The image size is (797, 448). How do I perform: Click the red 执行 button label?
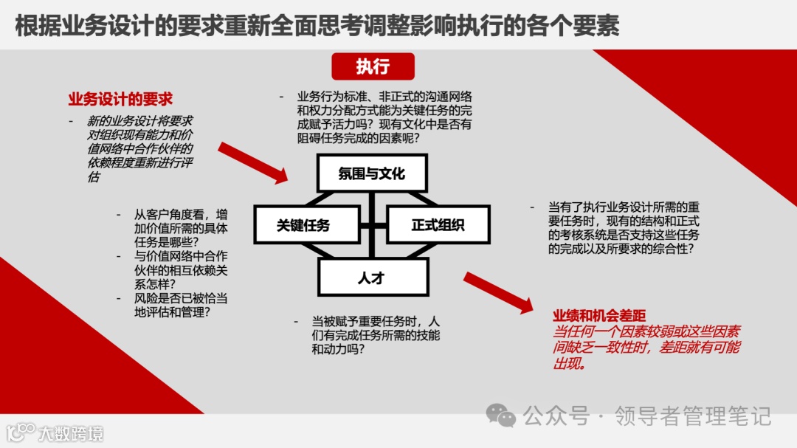pyautogui.click(x=373, y=66)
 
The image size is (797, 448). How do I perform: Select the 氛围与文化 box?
pyautogui.click(x=372, y=174)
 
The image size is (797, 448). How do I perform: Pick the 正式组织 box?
pyautogui.click(x=438, y=225)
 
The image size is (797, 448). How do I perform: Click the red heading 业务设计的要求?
pyautogui.click(x=120, y=99)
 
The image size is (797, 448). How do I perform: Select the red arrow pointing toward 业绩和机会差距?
pyautogui.click(x=497, y=292)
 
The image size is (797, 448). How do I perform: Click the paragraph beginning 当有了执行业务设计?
pyautogui.click(x=624, y=228)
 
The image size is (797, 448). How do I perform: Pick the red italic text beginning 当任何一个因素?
pyautogui.click(x=646, y=347)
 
